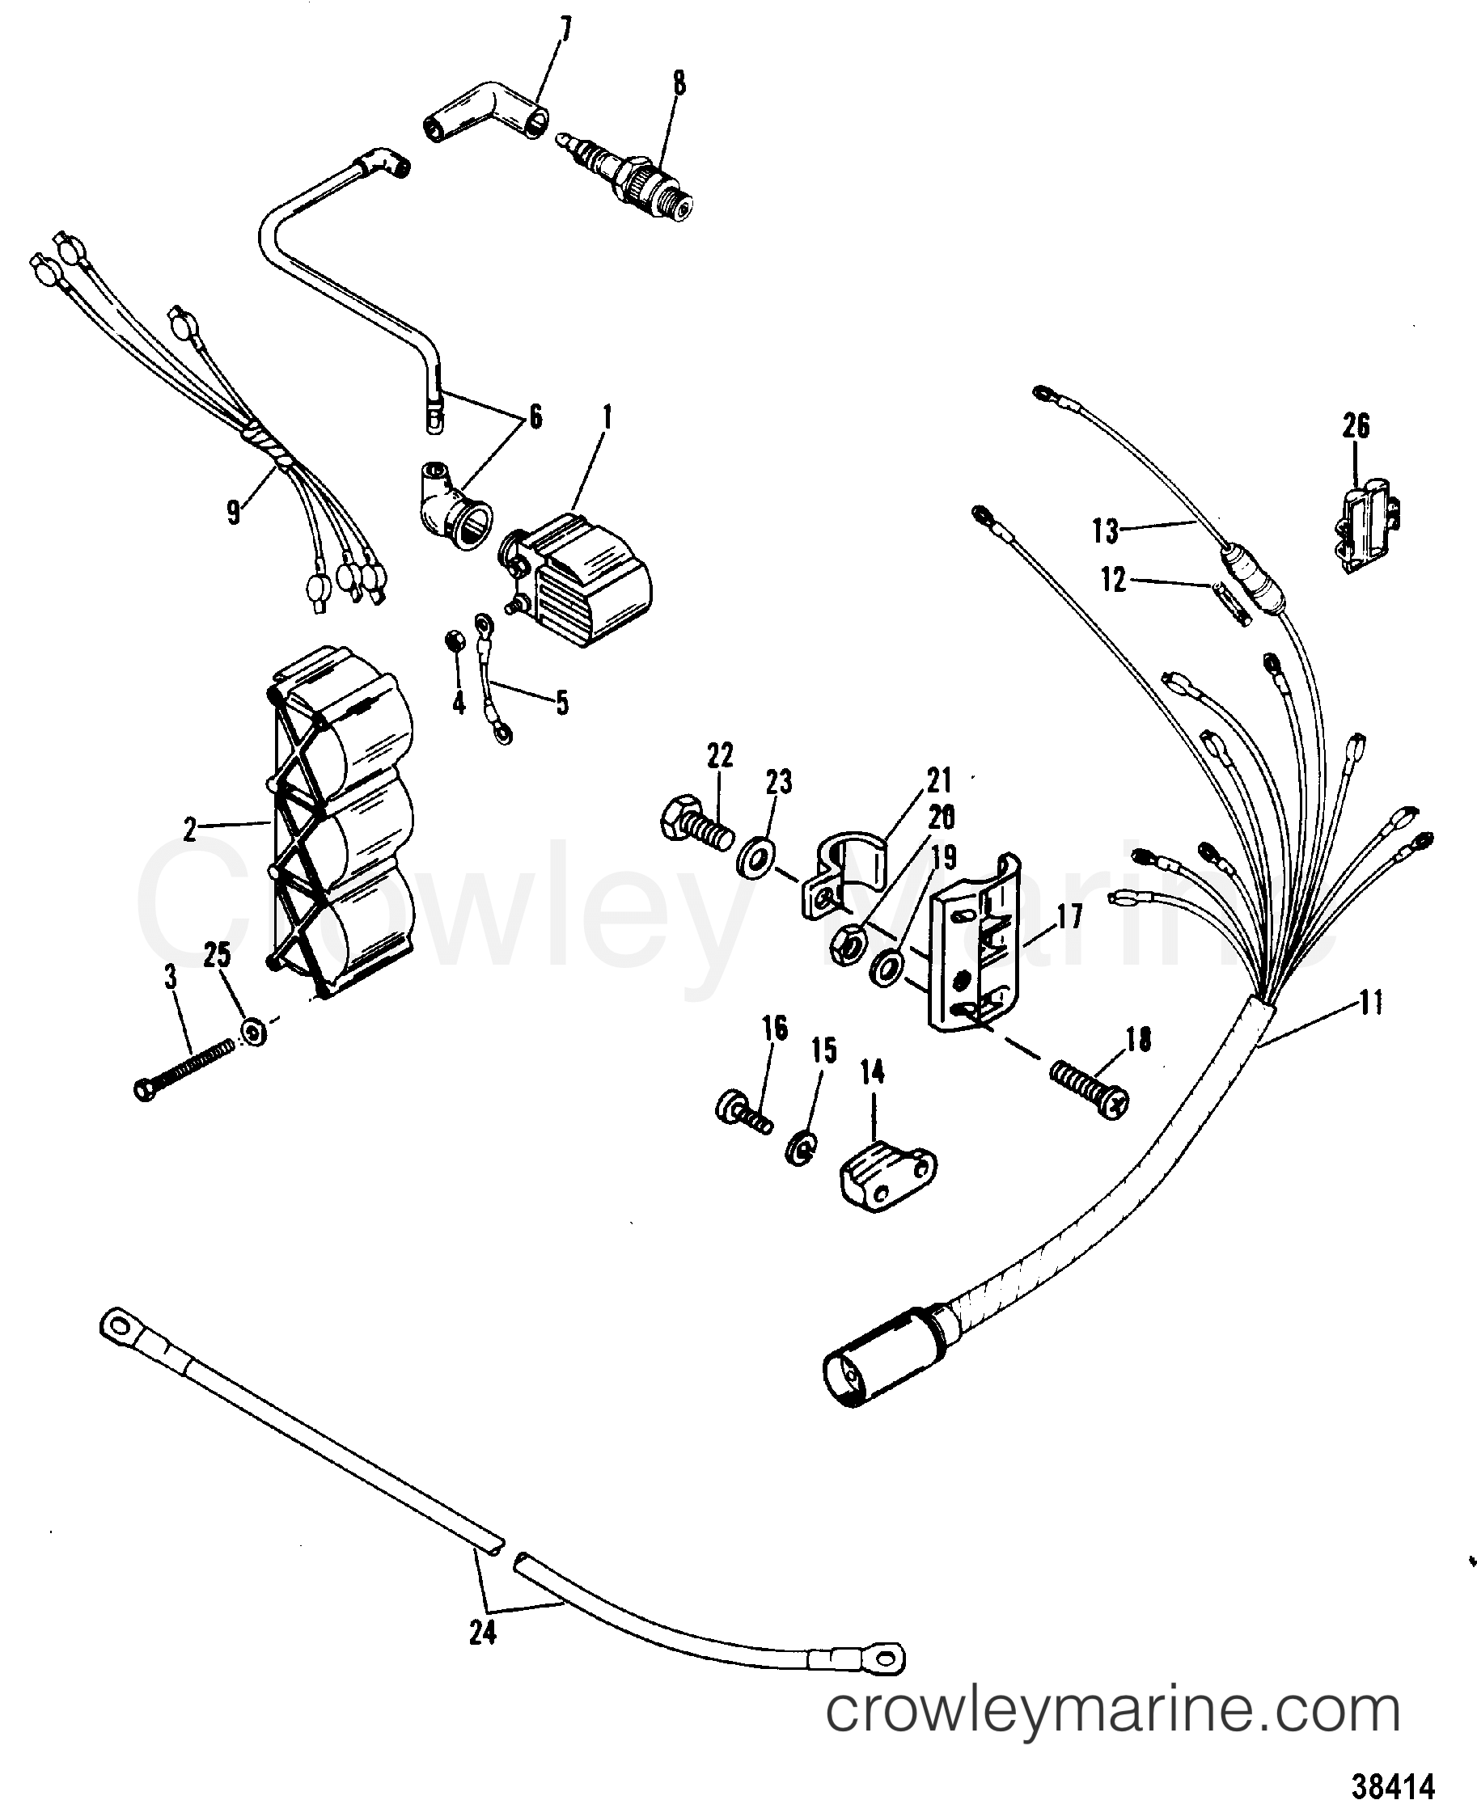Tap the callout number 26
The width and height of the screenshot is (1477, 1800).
pos(1356,425)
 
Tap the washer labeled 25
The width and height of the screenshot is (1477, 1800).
pos(252,1032)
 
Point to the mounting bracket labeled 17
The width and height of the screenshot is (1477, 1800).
pos(974,944)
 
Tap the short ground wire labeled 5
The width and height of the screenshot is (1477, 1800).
pos(492,681)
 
